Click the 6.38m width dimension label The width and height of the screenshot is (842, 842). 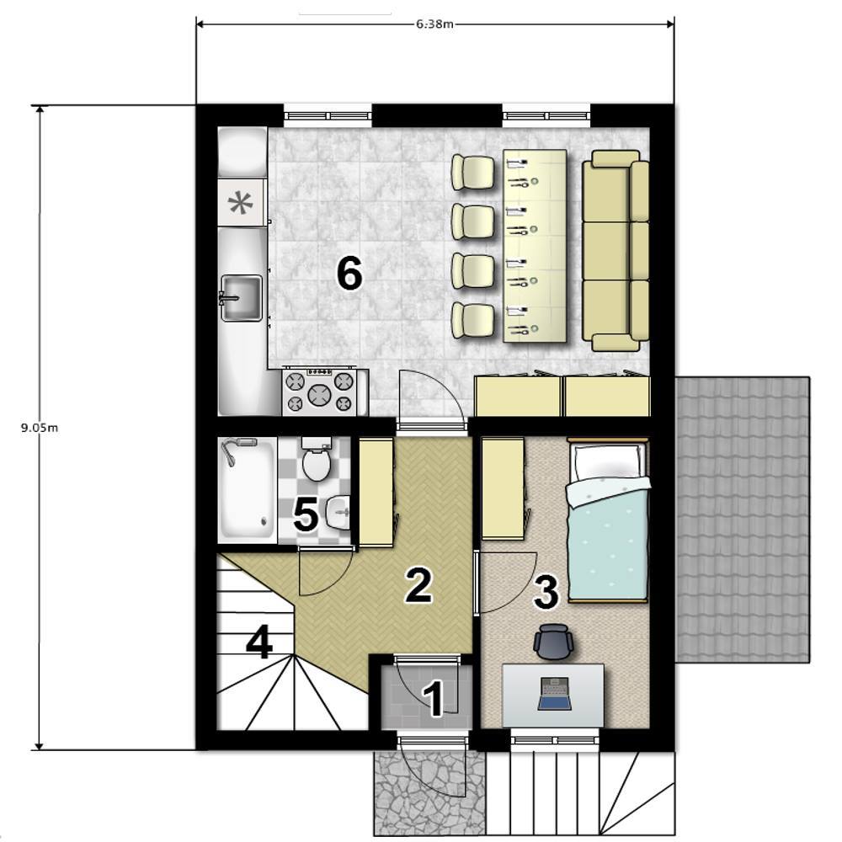434,24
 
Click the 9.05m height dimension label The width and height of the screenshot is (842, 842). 40,428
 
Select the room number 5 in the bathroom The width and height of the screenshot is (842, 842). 306,514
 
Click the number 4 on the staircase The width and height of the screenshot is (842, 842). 258,642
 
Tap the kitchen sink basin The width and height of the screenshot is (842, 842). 242,298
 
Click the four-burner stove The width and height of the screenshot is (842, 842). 319,392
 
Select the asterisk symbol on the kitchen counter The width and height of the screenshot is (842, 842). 239,204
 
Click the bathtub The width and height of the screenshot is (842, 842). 247,488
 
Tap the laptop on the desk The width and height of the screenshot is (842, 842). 555,695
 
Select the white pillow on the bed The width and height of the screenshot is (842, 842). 607,461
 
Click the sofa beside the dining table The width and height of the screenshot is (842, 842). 616,251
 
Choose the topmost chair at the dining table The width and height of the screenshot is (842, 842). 472,173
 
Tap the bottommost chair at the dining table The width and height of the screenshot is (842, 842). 472,321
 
